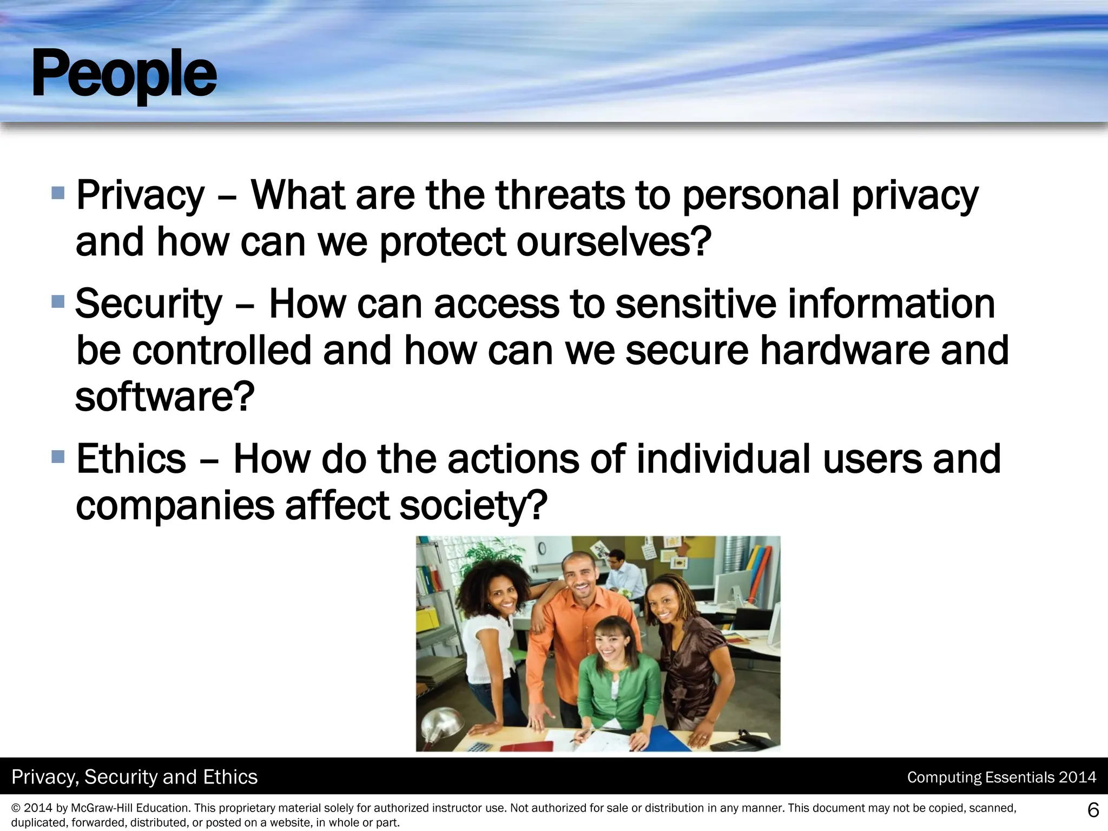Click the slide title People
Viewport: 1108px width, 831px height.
tap(124, 74)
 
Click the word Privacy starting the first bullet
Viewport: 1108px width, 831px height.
tap(140, 196)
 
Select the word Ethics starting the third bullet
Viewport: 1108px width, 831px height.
tap(131, 459)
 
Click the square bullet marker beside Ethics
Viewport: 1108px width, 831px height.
tap(58, 457)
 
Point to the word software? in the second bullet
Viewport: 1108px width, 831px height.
tap(164, 397)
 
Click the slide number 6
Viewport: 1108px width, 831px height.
tap(1093, 810)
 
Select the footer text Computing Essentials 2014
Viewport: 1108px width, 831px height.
tap(1001, 777)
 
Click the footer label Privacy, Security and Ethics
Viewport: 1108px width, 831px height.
tap(135, 777)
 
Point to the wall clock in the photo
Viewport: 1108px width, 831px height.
tap(542, 549)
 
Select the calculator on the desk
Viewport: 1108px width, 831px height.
tap(478, 747)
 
